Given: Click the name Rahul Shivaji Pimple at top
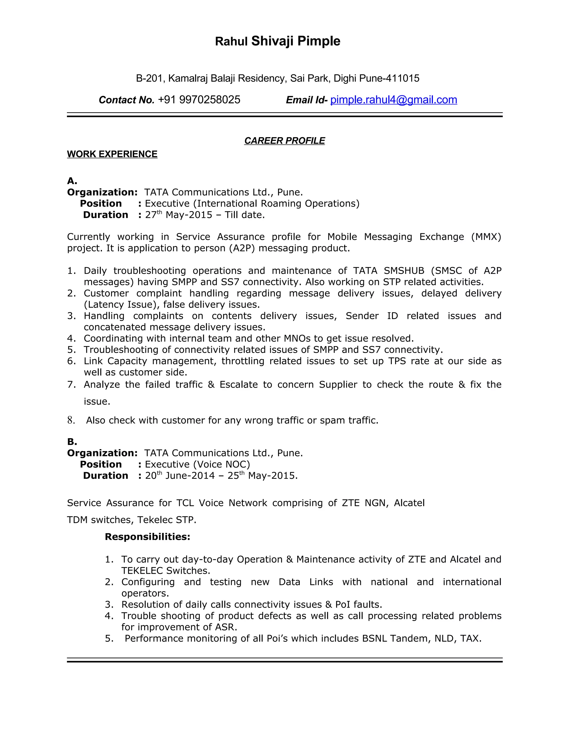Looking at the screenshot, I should pos(278,41).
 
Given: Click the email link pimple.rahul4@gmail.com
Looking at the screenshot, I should pos(393,100).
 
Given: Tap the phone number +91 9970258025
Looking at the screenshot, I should pos(199,100).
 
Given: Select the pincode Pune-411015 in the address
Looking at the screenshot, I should pos(389,78).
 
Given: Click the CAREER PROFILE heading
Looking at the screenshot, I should pos(284,141).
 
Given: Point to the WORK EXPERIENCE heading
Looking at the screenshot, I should pos(112,154).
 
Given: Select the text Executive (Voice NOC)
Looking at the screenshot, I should pos(197,464).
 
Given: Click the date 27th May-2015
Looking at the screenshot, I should pos(178,215).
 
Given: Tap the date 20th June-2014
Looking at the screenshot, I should pos(180,475).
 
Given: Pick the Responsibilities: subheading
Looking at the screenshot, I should pos(147,537).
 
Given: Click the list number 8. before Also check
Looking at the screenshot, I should pos(71,420).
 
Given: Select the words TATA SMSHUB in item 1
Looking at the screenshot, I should pos(388,271).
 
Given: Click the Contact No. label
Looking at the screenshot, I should pos(126,100).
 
